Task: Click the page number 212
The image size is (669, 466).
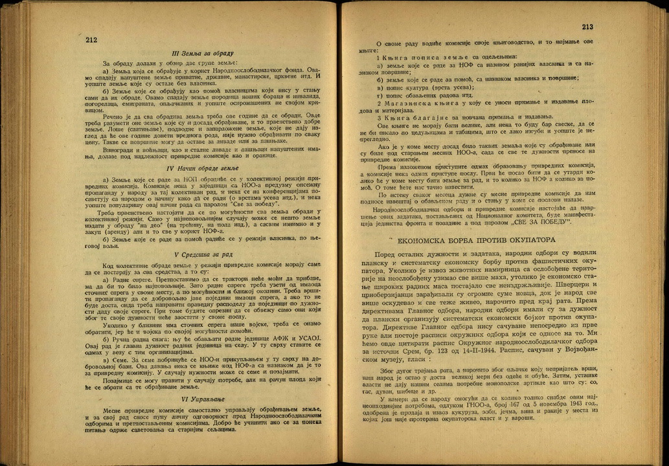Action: pos(91,39)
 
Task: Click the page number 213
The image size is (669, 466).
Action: pos(587,27)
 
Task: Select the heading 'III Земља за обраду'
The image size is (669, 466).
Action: pos(203,53)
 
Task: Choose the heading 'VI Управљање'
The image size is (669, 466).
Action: pos(203,399)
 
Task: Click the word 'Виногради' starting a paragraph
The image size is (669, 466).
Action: pos(121,150)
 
